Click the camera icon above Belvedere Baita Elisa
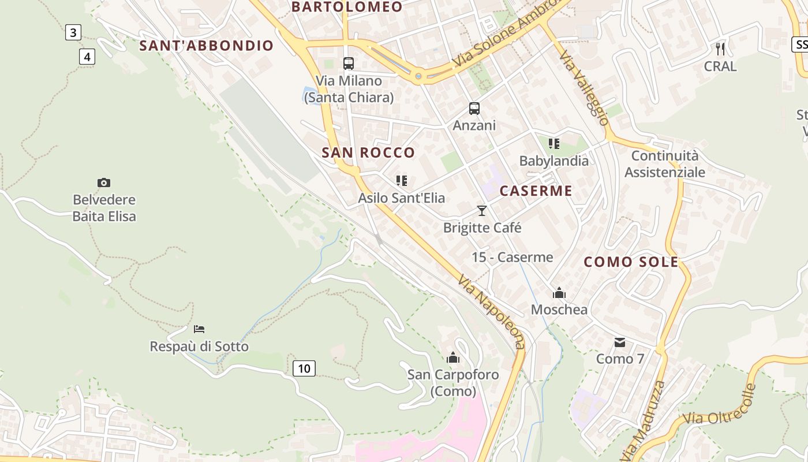point(104,183)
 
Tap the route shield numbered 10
point(304,368)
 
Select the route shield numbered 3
point(73,32)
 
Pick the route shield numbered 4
point(87,57)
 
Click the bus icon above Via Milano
point(349,64)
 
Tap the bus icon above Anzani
point(474,108)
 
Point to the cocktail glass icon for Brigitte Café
point(482,211)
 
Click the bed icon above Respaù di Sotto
point(199,329)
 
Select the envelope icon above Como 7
point(620,342)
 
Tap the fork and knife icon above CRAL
point(720,49)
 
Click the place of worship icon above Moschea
point(559,293)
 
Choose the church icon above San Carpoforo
point(453,358)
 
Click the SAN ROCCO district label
point(368,152)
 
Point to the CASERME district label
point(536,191)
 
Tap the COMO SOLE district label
point(631,262)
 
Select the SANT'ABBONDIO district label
point(207,46)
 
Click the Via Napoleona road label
point(492,312)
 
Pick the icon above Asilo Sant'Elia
point(402,181)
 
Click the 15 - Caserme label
point(513,258)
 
